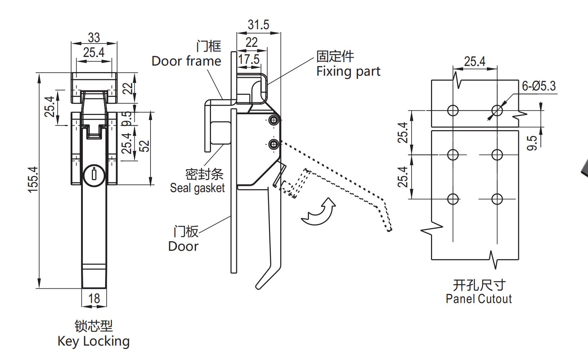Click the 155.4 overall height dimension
pos(33,179)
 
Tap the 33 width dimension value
pos(94,37)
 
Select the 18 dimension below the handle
pos(94,298)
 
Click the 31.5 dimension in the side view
pos(258,25)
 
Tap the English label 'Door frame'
pos(186,61)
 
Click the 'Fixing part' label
pos(348,71)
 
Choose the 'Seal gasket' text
pos(197,188)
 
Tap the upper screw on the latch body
pos(274,120)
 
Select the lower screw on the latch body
pos(274,145)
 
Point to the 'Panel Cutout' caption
pos(479,299)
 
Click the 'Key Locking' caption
pos(94,341)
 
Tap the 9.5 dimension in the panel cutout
pos(534,142)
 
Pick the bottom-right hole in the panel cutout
pos(497,199)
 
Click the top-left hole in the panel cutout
pos(453,110)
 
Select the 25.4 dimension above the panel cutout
pos(475,61)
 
